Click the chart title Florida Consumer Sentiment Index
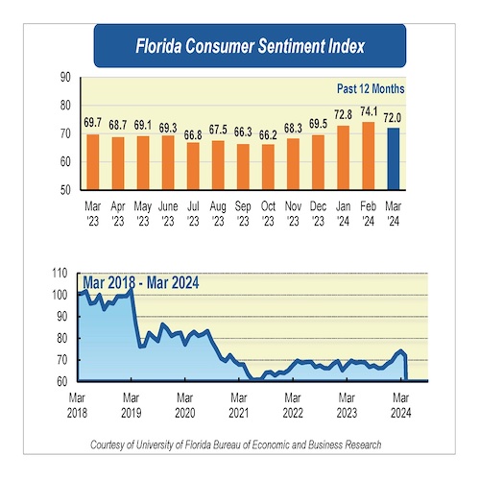[249, 45]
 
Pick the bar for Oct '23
[268, 167]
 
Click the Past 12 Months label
[370, 88]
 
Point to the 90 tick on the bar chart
[65, 78]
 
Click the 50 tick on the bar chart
[65, 190]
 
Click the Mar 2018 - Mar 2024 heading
[140, 282]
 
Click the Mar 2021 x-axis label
[238, 404]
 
